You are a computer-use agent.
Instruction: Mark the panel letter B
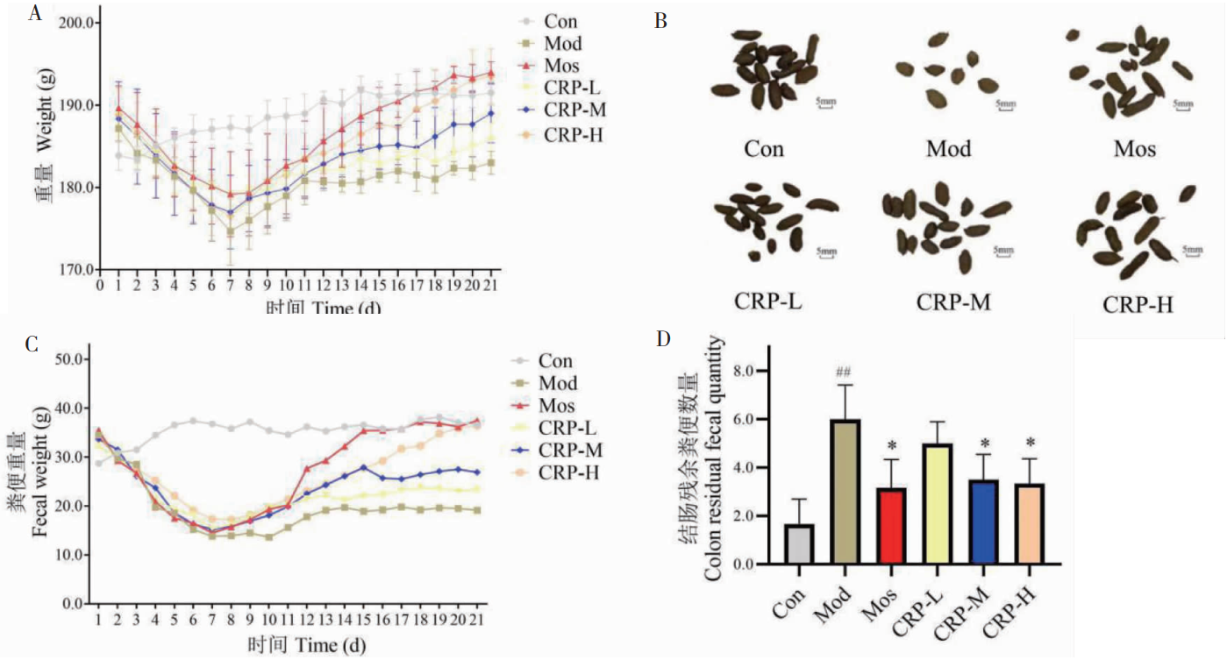(661, 19)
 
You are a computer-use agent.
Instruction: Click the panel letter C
(32, 344)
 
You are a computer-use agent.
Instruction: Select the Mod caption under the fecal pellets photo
(948, 149)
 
